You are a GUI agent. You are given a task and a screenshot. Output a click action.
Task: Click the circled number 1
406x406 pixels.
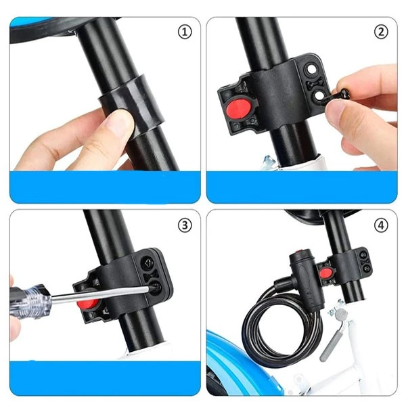coord(185,32)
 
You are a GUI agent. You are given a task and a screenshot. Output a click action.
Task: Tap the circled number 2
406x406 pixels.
coord(381,32)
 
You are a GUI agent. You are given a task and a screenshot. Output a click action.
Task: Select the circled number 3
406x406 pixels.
coord(185,225)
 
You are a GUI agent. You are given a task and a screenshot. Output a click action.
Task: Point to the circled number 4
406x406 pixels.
coord(381,225)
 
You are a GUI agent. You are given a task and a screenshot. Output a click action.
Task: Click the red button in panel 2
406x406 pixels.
coord(238,109)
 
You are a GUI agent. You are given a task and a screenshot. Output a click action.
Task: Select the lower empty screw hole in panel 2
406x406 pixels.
coord(318,95)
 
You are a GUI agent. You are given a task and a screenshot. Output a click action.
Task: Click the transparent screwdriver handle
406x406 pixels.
coord(30,302)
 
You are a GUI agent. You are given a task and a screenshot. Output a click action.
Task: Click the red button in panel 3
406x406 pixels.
coord(88,304)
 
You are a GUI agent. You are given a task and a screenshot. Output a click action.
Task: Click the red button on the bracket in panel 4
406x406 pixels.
coord(325,273)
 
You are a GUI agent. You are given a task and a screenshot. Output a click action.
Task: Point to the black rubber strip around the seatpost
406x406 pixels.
coord(133,104)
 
